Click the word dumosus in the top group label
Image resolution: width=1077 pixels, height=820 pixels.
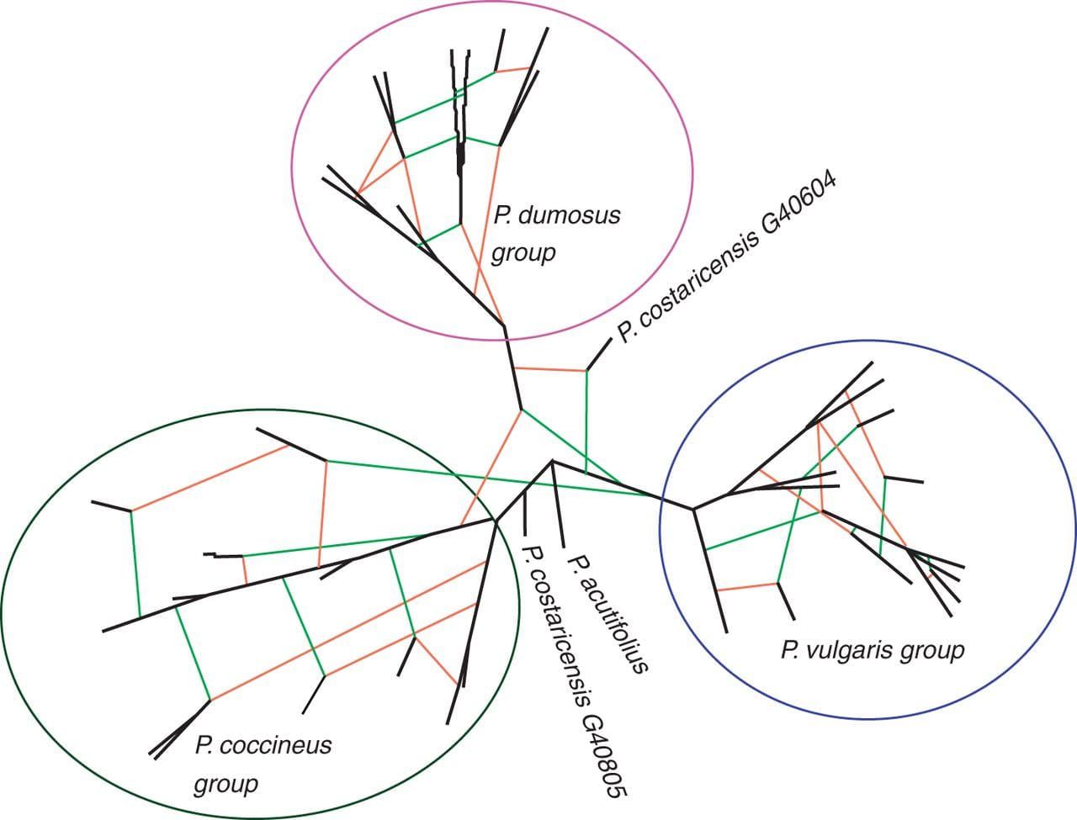570,215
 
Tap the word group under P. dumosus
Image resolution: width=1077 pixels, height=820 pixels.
523,252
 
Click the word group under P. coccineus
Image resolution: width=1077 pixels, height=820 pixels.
225,785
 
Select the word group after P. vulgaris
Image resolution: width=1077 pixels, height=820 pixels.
932,650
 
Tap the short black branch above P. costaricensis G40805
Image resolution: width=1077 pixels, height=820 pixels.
525,512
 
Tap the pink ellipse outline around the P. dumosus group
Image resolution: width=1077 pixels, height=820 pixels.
291,168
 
